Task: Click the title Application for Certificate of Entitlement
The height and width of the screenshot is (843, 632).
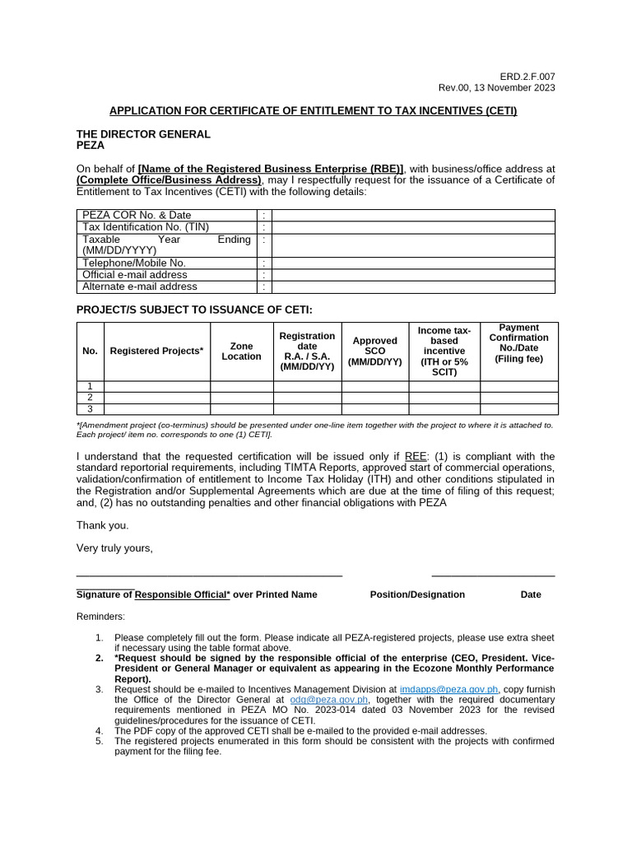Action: tap(314, 110)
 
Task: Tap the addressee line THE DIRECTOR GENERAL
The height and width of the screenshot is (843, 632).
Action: tap(143, 133)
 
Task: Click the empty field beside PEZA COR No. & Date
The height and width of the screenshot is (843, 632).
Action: tap(413, 215)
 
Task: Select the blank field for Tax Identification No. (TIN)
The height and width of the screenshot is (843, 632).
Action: tap(413, 227)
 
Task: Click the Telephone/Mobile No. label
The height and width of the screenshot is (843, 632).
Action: tap(128, 263)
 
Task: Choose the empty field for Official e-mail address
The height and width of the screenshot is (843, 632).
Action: tap(413, 275)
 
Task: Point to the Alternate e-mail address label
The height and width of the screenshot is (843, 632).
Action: tap(140, 286)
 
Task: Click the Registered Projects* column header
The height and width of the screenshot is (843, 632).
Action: tap(156, 352)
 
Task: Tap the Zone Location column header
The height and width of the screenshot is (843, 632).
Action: tap(241, 352)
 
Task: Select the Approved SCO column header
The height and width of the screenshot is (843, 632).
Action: tap(374, 352)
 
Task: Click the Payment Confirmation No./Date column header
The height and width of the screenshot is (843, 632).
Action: tap(518, 343)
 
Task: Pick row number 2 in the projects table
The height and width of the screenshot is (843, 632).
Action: tap(90, 398)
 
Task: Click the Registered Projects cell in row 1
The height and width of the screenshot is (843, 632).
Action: tap(156, 386)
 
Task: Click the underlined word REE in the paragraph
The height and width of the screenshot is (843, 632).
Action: tap(416, 457)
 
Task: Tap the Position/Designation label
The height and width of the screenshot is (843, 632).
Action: tap(417, 594)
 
